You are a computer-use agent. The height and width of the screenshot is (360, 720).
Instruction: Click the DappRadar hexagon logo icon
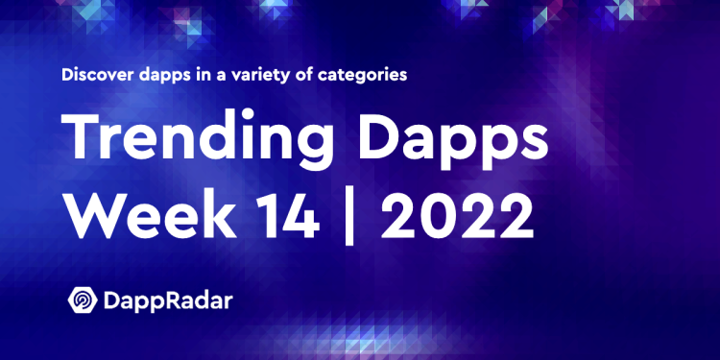point(82,299)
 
